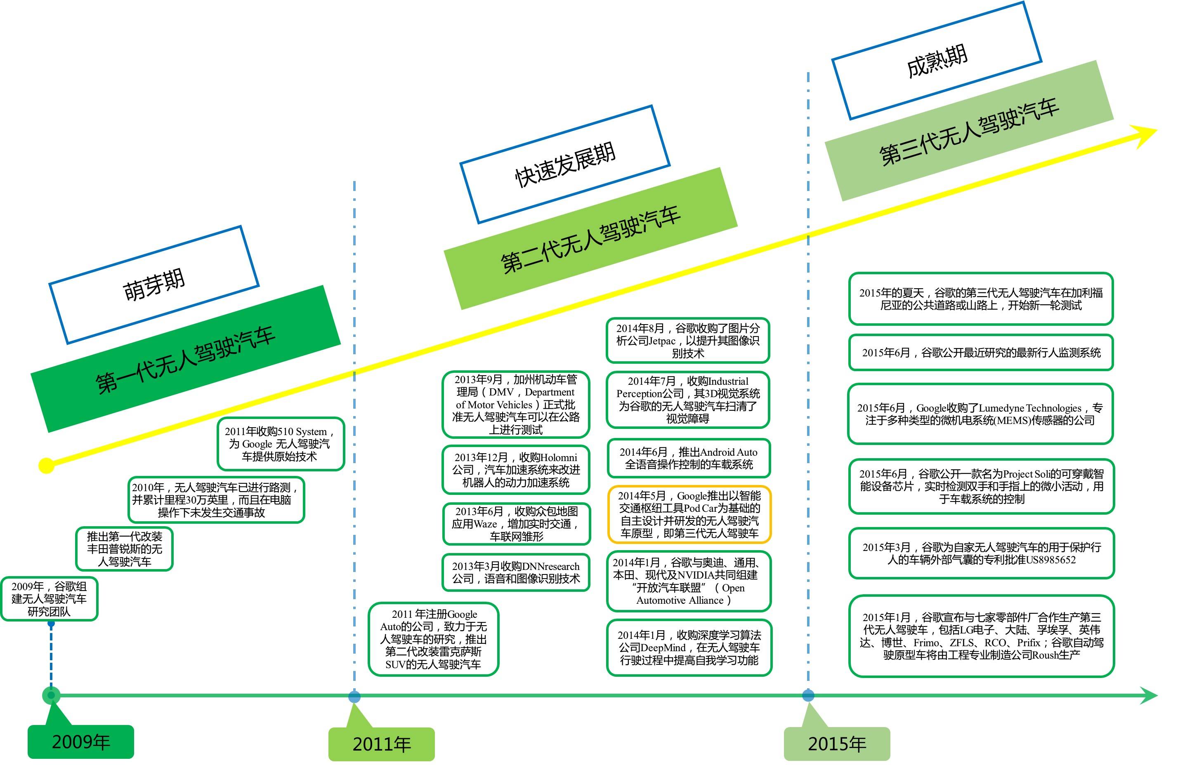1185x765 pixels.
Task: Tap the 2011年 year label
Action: (x=382, y=744)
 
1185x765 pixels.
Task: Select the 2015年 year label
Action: (x=837, y=744)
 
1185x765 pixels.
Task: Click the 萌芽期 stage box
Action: (x=154, y=285)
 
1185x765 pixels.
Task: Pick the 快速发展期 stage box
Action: (x=565, y=165)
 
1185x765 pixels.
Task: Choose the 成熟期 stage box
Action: (x=937, y=61)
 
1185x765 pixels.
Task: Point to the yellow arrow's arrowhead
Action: (x=1145, y=134)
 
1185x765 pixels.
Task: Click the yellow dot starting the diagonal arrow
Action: (x=46, y=466)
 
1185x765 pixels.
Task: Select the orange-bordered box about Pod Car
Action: (x=689, y=514)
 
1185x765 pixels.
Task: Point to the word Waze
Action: (x=484, y=524)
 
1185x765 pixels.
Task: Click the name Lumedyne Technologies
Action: (x=1029, y=408)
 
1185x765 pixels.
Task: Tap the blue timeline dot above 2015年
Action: (x=808, y=695)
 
